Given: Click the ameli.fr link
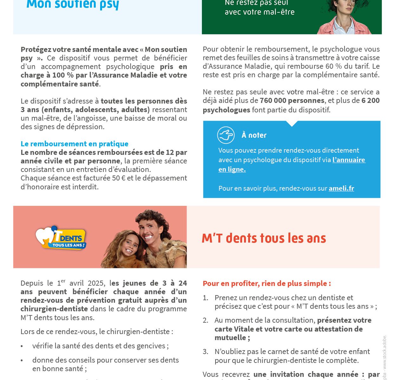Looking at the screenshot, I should (341, 188).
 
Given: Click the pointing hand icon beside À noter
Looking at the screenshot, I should (226, 135).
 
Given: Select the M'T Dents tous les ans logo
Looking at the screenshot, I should (61, 238).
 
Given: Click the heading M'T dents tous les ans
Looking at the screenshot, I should (264, 238).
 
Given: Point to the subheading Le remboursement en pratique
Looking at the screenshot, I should (74, 144).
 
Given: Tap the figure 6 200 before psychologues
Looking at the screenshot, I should (370, 101).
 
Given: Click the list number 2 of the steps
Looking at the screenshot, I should (205, 320).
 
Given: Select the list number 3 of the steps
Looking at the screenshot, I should (205, 352).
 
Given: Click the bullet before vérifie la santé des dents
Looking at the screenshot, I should (22, 346).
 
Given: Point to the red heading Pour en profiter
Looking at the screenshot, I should (267, 283).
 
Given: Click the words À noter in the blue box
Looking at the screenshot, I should (254, 135).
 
